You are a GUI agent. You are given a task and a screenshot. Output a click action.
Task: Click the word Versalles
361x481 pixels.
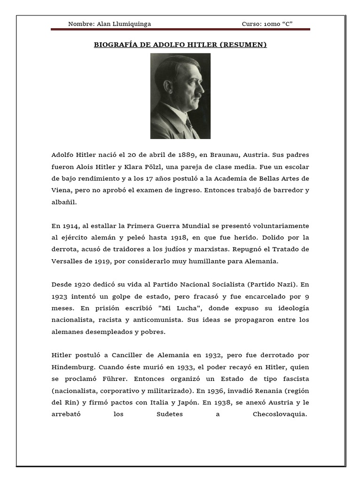click(68, 261)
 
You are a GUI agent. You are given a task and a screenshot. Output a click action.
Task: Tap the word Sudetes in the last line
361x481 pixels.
click(169, 414)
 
